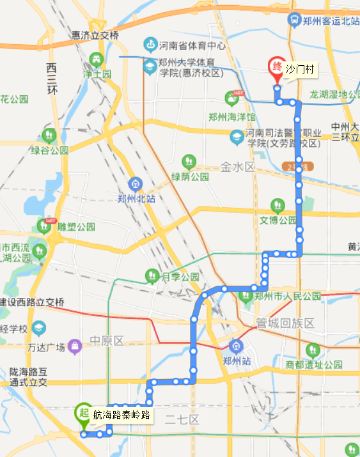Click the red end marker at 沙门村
(x=276, y=67)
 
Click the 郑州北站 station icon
(x=135, y=184)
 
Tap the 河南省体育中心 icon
(x=150, y=45)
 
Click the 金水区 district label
(x=238, y=167)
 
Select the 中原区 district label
(x=106, y=341)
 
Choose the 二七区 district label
(x=182, y=419)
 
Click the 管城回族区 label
(x=285, y=323)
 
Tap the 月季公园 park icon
(x=152, y=276)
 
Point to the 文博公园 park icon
(x=277, y=206)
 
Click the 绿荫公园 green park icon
(x=189, y=161)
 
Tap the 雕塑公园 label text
(x=76, y=226)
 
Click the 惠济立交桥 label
(x=95, y=36)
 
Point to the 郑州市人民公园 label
(x=287, y=296)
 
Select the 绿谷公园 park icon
(x=49, y=136)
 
